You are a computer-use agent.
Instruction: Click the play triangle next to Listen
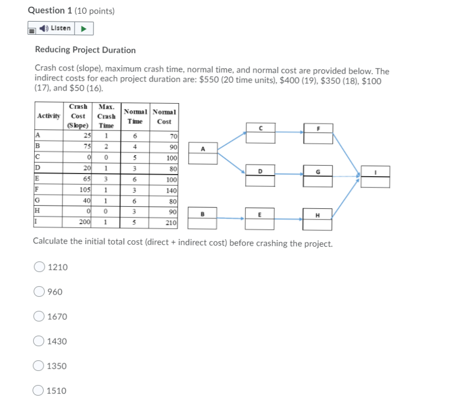click(x=85, y=28)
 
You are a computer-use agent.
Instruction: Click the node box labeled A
click(x=203, y=153)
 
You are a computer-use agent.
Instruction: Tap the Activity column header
click(x=49, y=116)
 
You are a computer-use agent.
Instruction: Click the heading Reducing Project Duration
click(x=85, y=50)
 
